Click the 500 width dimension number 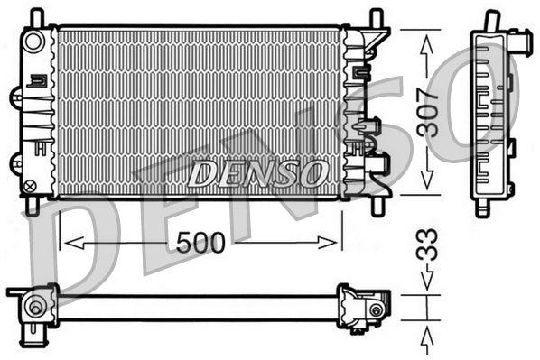click(x=200, y=242)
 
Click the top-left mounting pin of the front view click(x=36, y=17)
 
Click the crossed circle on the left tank click(x=31, y=187)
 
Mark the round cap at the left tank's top click(x=34, y=42)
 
